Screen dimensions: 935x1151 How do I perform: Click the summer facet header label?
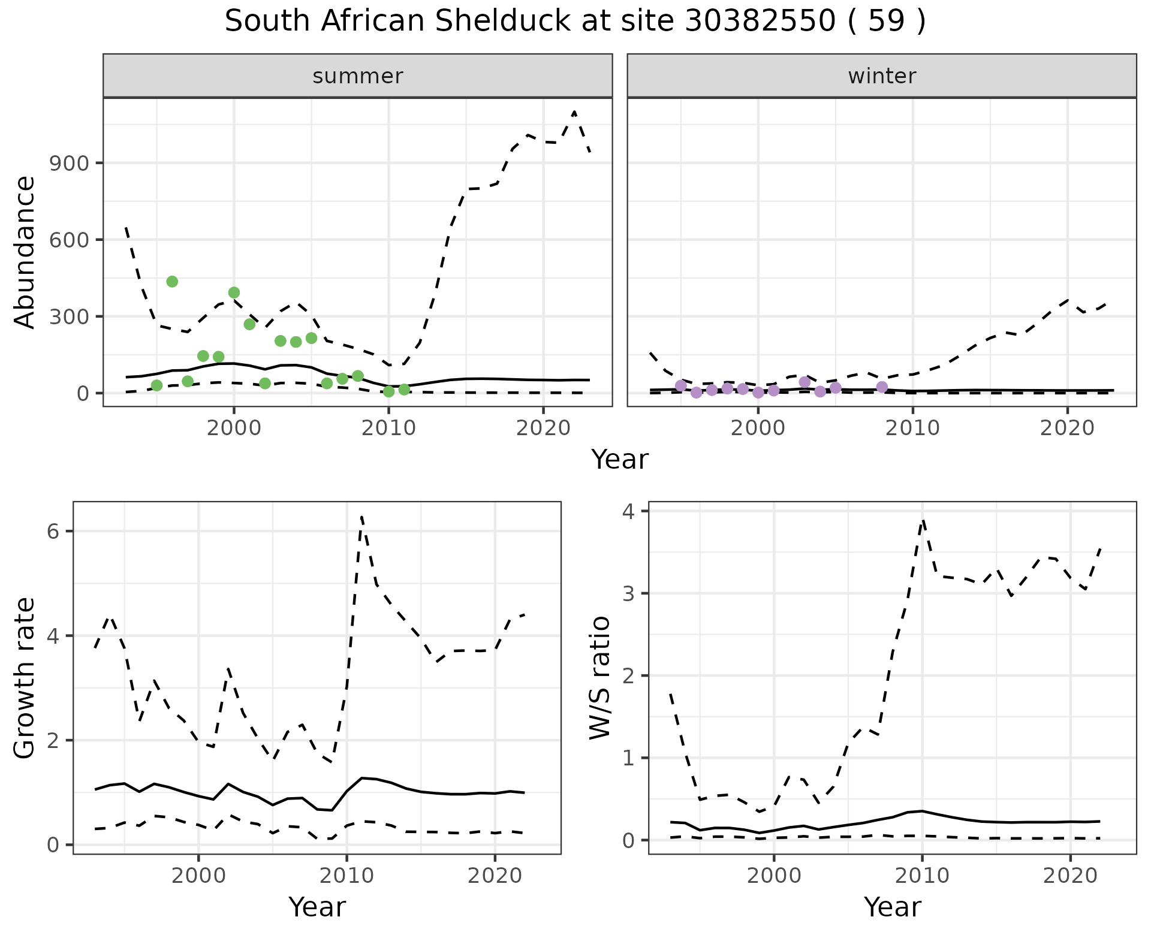[x=358, y=76]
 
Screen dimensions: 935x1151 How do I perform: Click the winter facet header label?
[x=882, y=76]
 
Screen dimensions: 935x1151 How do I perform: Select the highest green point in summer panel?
[x=172, y=282]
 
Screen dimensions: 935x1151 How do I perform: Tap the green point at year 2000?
[x=234, y=292]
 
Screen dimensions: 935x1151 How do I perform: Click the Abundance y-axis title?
[x=25, y=252]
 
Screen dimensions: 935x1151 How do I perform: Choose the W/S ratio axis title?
[x=600, y=677]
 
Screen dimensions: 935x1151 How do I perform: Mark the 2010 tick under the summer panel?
[x=388, y=428]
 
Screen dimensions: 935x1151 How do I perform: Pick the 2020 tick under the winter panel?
[x=1067, y=428]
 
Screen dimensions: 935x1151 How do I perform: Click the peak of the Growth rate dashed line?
[x=361, y=517]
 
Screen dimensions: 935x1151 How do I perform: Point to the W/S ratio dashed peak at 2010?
[x=923, y=520]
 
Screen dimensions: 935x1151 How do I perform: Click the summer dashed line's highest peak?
[x=574, y=112]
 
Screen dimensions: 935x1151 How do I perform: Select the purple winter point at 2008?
[x=882, y=387]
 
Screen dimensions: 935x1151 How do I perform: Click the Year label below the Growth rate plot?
[x=317, y=907]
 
